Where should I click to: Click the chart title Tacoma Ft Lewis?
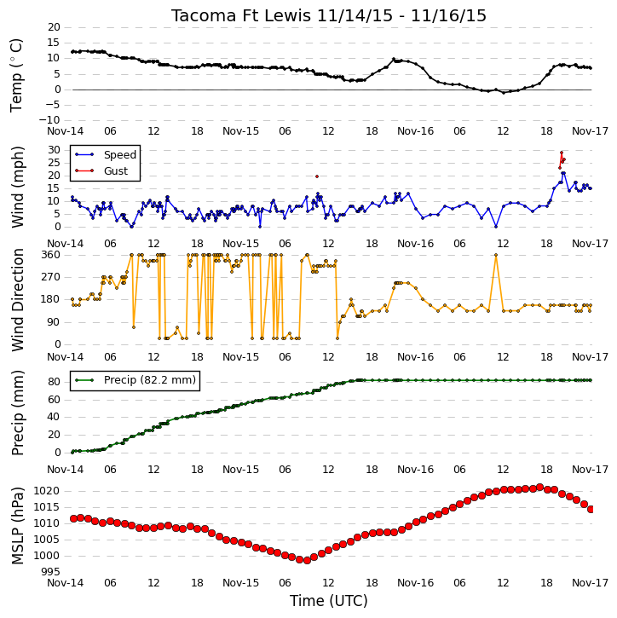coord(241,15)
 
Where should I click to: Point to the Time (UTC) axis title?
coord(329,601)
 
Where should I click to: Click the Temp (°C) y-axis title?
coord(16,75)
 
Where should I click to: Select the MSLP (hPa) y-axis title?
coord(17,526)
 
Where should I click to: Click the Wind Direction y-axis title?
coord(17,300)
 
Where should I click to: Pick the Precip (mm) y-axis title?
coord(17,413)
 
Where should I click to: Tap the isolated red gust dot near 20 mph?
coord(317,176)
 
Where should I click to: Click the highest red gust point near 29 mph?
coord(562,153)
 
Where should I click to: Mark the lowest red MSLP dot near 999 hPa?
coord(307,560)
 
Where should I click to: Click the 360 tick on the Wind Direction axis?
coord(51,255)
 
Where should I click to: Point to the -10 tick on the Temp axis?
coord(49,120)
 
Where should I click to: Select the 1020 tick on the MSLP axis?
coord(47,491)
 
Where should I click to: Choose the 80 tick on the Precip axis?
coord(54,382)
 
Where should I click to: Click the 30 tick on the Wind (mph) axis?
coord(54,150)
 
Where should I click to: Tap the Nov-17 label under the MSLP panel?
coord(591,583)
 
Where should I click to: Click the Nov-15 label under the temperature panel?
coord(240,131)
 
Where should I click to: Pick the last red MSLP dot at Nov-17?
coord(591,510)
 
